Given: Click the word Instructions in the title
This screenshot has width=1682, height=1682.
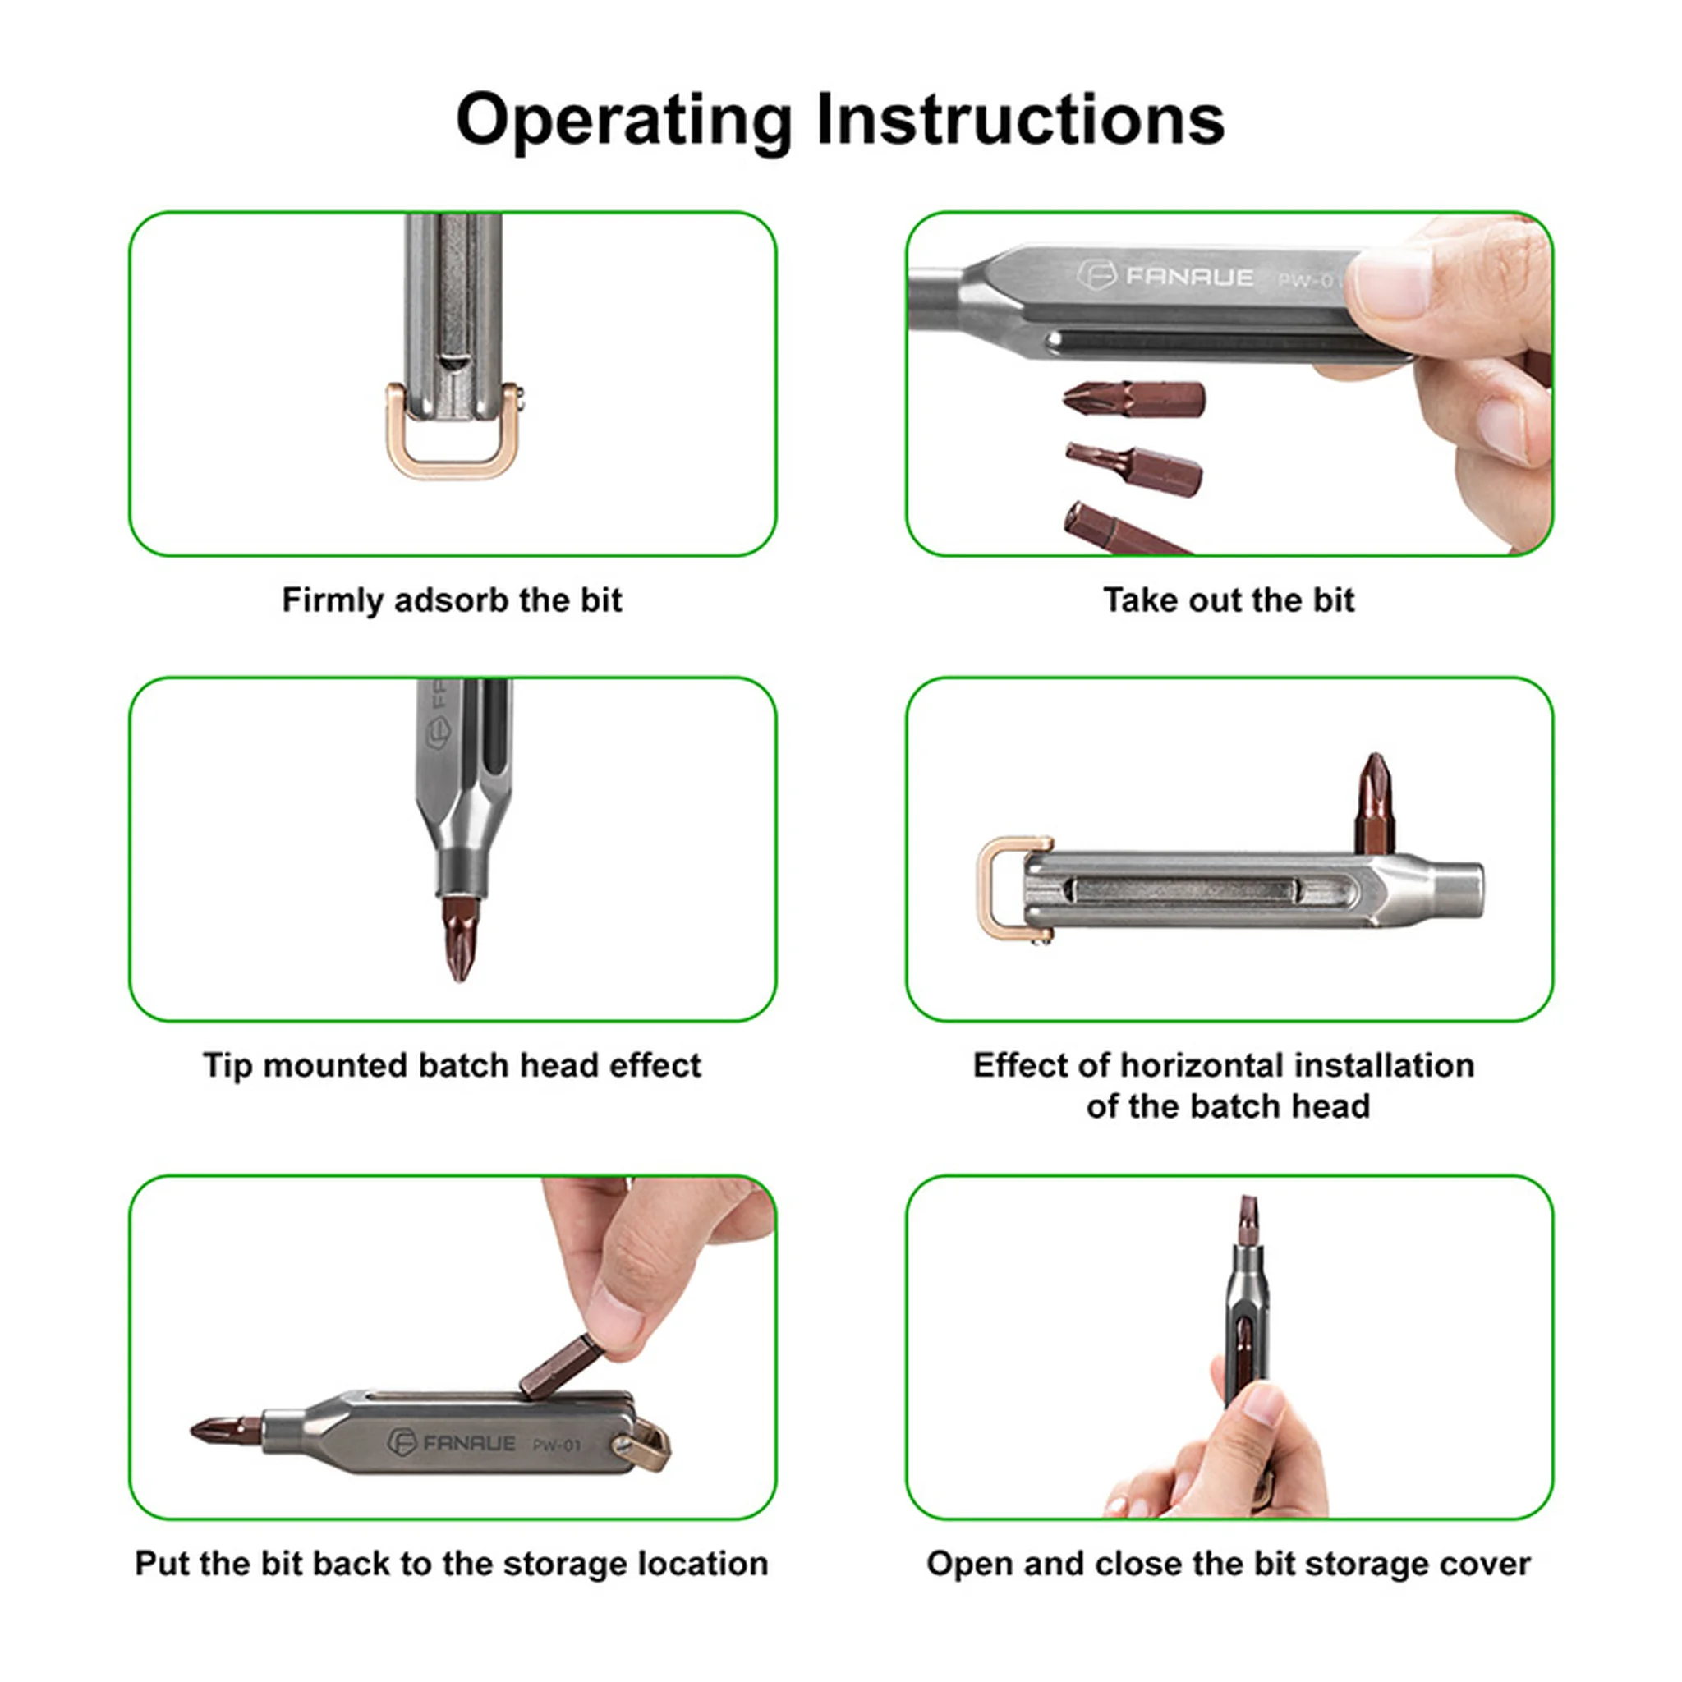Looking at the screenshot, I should (1019, 119).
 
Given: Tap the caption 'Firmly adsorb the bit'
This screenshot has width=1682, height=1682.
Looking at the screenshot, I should (452, 600).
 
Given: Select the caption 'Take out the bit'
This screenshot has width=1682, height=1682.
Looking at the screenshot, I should (1229, 600).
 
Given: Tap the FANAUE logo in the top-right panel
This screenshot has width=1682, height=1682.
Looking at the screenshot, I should (1165, 277).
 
